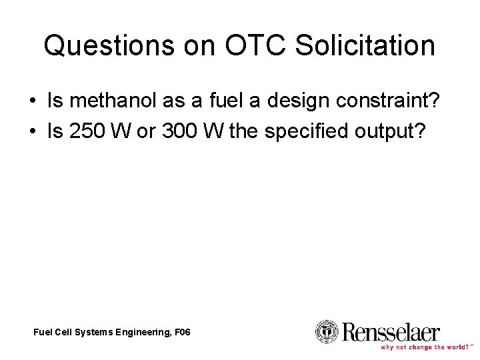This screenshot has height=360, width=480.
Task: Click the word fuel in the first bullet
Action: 221,101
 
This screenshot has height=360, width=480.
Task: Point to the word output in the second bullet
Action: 387,132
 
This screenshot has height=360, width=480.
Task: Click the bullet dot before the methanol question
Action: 33,102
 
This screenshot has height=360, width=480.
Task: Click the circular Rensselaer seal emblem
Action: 327,331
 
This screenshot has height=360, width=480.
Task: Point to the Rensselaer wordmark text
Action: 391,331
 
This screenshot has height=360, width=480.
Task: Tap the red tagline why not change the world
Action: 425,347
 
